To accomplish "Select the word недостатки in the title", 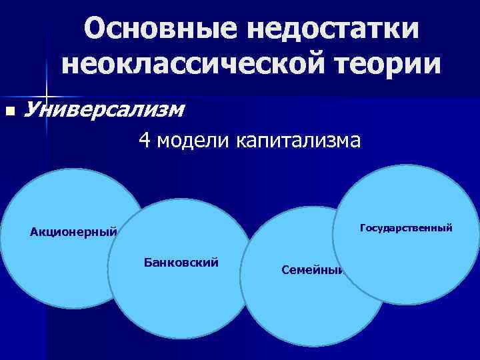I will point(327,29).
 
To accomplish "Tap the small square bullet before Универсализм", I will point(9,111).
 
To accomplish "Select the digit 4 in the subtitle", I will point(144,141).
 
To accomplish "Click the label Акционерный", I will point(73,233).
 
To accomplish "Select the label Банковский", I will point(181,263).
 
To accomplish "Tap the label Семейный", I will point(312,271).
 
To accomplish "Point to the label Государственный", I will point(406,228).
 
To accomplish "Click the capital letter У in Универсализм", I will point(31,109).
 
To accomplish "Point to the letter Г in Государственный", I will point(362,228).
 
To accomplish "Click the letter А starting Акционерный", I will point(34,233).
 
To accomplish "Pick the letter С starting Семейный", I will point(285,271).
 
